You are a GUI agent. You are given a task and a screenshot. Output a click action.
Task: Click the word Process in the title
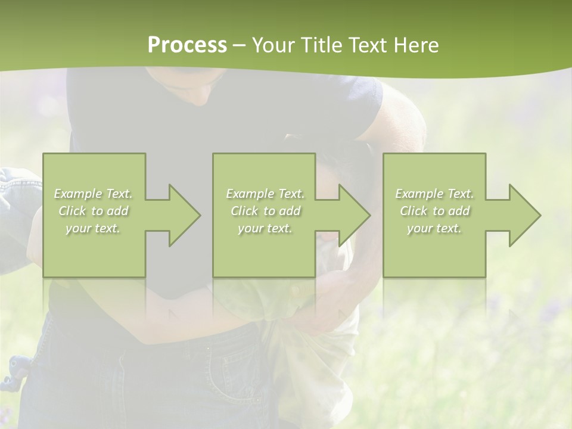187,45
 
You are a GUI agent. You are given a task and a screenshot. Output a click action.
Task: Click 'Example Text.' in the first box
94,194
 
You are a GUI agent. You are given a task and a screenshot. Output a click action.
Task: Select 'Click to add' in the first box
94,211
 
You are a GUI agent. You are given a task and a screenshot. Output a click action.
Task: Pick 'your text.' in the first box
94,228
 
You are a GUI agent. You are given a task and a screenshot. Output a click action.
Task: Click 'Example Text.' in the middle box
265,194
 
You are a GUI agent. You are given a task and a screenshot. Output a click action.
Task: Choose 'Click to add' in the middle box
265,211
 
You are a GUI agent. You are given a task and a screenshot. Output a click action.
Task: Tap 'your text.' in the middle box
265,228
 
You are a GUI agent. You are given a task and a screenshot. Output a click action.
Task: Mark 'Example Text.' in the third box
434,194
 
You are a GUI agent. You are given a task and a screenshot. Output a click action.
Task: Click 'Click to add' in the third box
434,211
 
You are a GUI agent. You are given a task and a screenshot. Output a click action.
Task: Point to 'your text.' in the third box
434,228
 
